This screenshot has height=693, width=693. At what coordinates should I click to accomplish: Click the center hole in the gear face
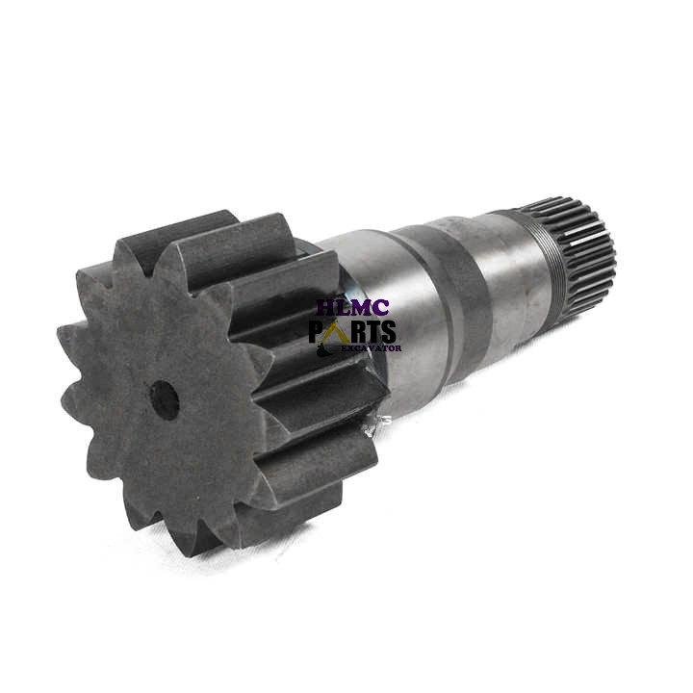[166, 400]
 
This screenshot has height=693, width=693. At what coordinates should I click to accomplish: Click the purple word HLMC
[353, 308]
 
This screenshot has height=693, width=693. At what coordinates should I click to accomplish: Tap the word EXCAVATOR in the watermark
[372, 348]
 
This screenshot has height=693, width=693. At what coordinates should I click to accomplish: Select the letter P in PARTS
[317, 332]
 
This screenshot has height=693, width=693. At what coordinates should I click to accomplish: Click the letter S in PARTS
[388, 332]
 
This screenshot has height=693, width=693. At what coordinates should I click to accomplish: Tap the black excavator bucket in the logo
[323, 351]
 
